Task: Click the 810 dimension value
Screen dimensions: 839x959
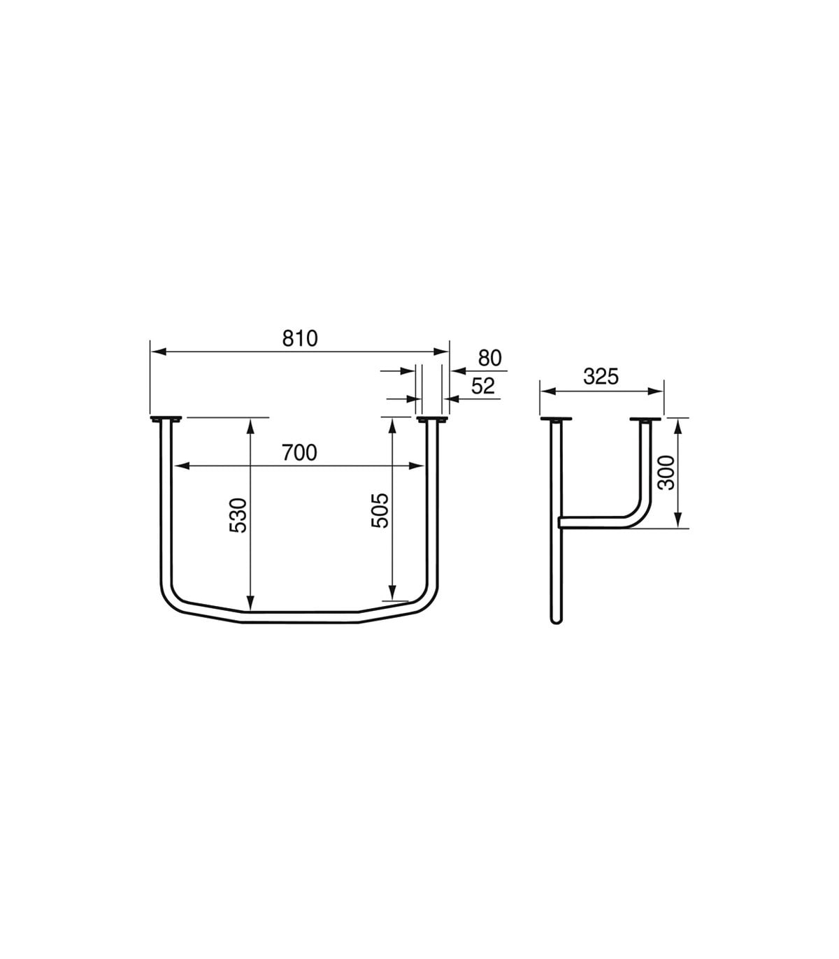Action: click(299, 338)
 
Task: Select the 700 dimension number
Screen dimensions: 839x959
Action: click(299, 452)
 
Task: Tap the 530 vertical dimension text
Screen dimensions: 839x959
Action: click(238, 515)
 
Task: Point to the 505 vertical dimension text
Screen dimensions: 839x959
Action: click(380, 511)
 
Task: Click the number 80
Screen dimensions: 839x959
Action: click(490, 359)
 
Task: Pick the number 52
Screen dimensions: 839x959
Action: click(483, 387)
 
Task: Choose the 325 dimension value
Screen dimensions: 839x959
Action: click(601, 376)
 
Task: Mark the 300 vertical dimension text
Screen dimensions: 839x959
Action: click(666, 473)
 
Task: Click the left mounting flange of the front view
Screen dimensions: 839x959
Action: click(166, 419)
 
